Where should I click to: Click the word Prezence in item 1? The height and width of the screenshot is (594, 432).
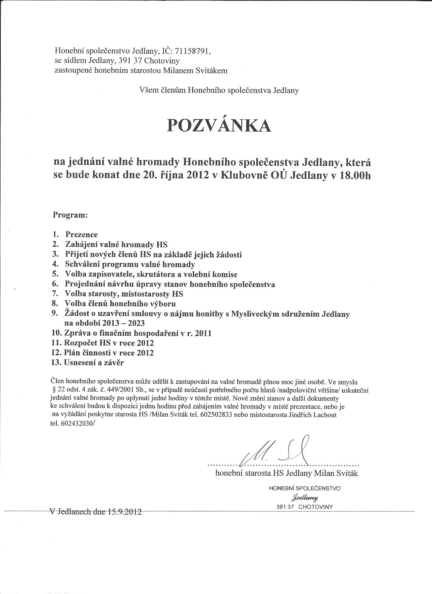pyautogui.click(x=81, y=235)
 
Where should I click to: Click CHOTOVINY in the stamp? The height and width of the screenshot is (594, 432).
pyautogui.click(x=315, y=507)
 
